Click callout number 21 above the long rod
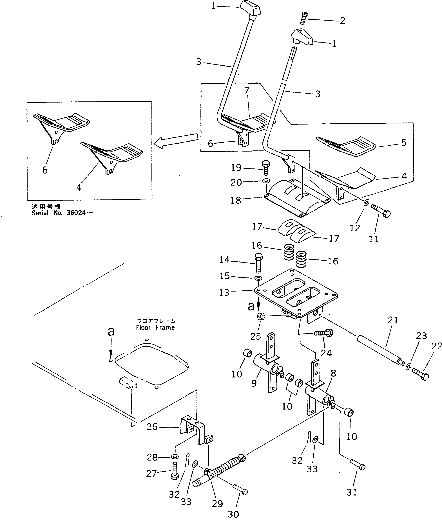tap(393, 320)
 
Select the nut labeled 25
tap(260, 316)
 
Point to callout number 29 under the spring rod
tap(217, 504)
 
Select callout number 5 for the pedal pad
tap(403, 143)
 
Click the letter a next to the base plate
tap(251, 306)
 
